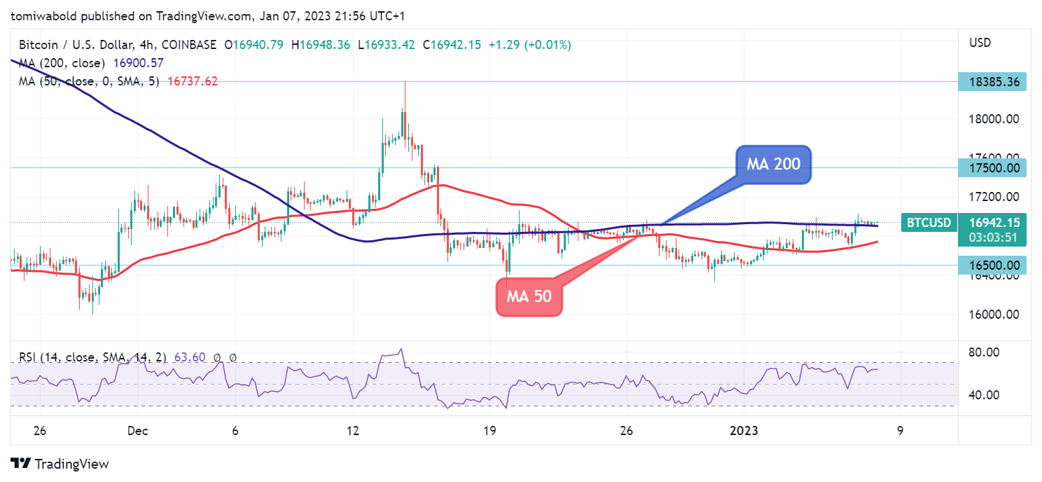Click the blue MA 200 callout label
[x=772, y=165]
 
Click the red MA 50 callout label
[x=529, y=296]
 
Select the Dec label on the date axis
[x=138, y=431]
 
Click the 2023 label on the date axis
[x=744, y=431]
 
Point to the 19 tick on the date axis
[x=489, y=431]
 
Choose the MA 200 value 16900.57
[x=138, y=63]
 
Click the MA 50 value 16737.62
[x=192, y=81]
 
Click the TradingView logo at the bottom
[x=60, y=464]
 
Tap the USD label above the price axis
[x=980, y=43]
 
